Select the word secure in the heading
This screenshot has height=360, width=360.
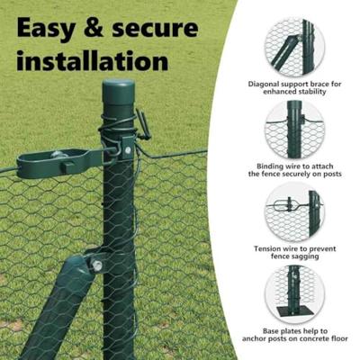click(166, 30)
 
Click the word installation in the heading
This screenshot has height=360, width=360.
click(92, 61)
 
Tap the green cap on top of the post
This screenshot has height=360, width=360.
click(118, 92)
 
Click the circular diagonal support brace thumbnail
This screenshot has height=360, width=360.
click(294, 47)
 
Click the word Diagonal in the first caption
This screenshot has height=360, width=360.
click(264, 84)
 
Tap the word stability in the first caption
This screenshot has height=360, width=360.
click(319, 92)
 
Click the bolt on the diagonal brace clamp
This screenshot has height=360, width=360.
click(94, 265)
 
